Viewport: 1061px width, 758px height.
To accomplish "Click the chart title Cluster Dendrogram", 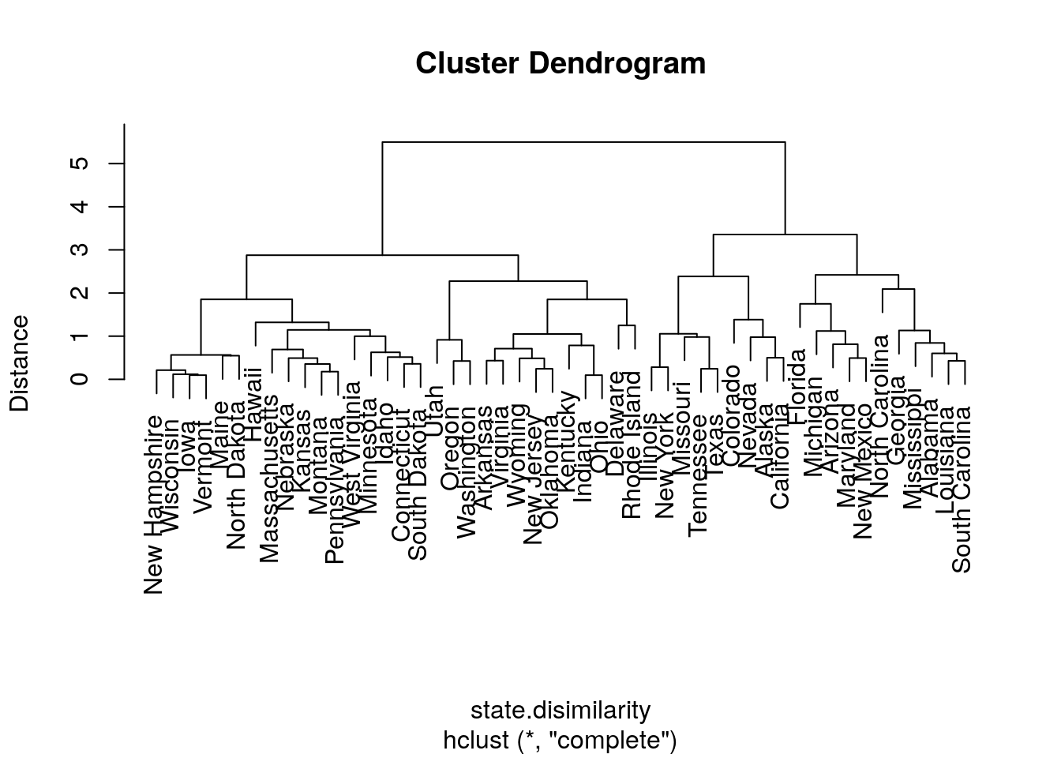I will (560, 63).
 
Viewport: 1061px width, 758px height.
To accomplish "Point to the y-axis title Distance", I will (19, 362).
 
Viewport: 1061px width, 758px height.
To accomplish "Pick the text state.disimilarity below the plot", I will (560, 710).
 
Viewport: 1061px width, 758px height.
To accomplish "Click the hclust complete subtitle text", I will (560, 741).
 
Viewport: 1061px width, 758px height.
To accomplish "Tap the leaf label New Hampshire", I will (156, 505).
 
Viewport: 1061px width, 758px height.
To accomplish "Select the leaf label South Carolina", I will (962, 490).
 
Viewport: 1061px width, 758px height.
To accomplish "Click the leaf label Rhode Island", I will (632, 446).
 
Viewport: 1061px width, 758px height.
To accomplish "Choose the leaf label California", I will (780, 456).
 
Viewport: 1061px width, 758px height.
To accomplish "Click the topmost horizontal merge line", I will (583, 142).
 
